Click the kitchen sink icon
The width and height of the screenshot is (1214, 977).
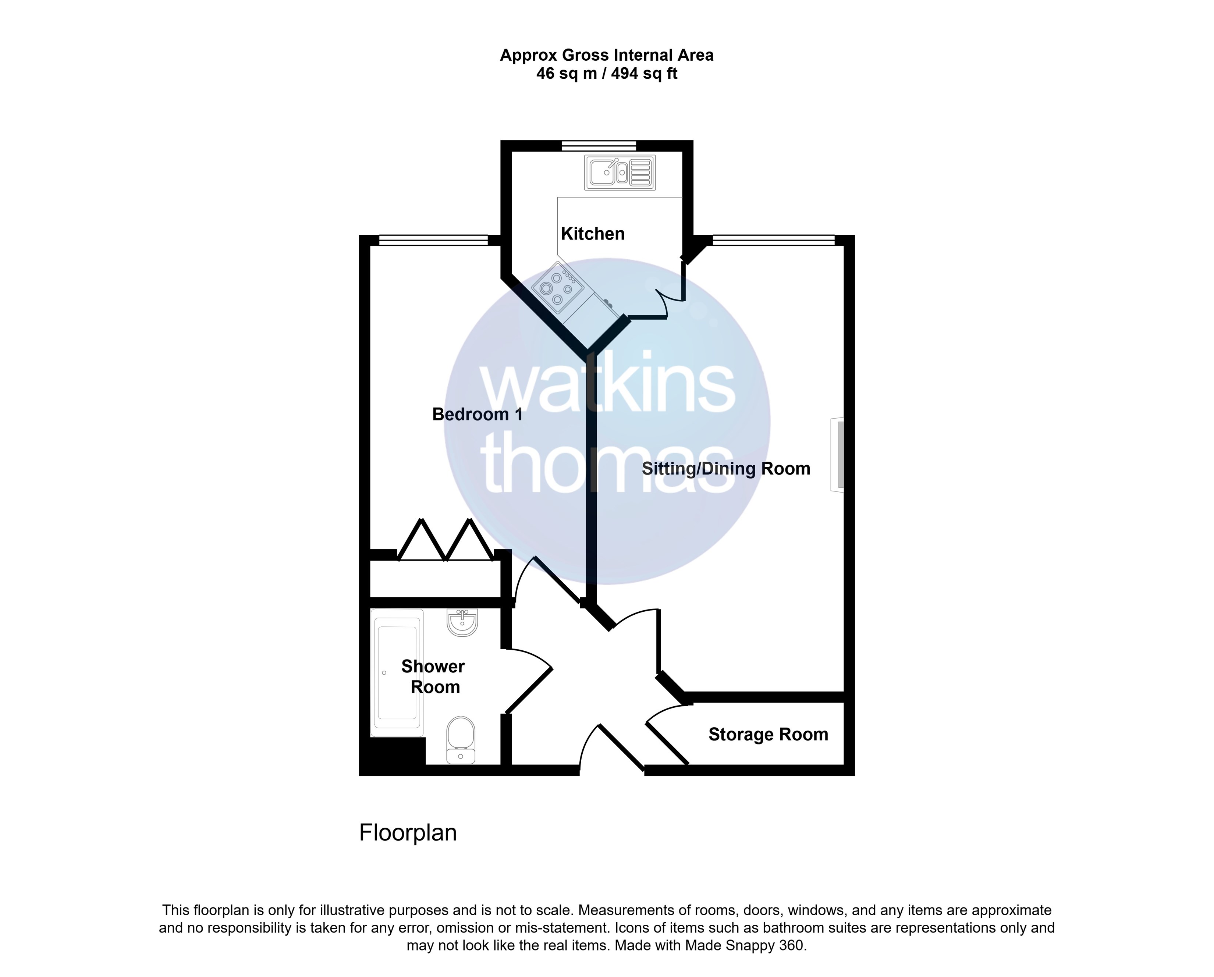(x=620, y=172)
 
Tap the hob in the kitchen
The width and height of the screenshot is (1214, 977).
(x=556, y=287)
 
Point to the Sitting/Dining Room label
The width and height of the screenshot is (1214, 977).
(x=726, y=469)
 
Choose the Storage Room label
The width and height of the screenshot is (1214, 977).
(x=768, y=734)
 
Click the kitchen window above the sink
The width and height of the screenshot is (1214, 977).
(x=599, y=146)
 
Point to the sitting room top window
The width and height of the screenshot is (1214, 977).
(x=774, y=241)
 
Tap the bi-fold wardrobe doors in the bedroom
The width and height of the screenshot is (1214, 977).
(x=446, y=540)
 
